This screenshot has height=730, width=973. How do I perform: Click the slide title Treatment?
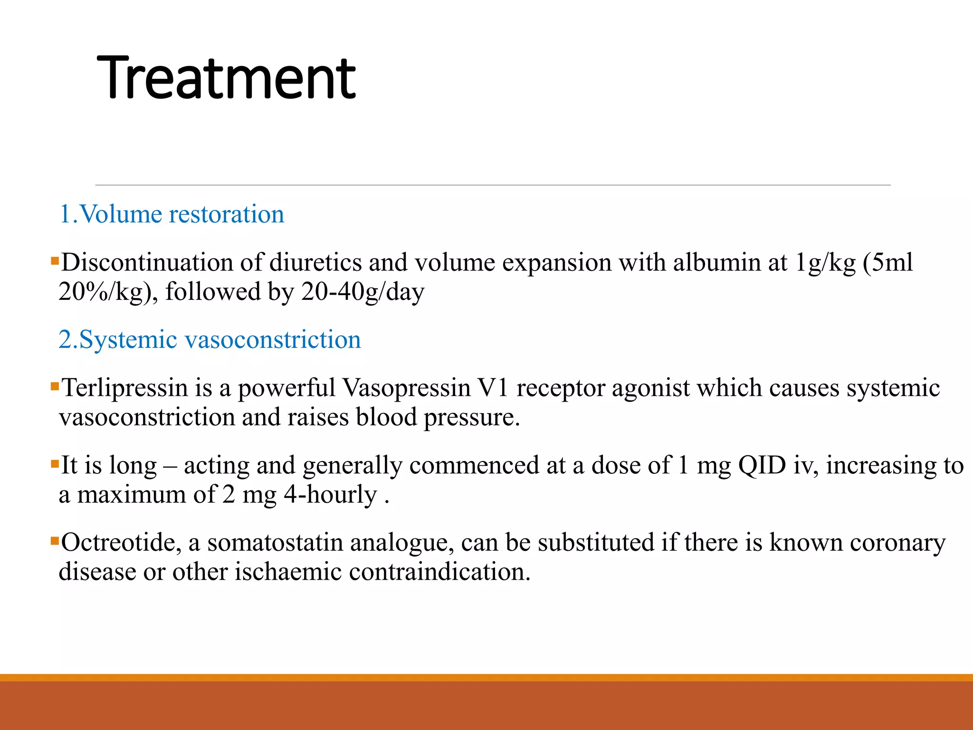point(226,78)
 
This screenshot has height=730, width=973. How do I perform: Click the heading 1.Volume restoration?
point(171,214)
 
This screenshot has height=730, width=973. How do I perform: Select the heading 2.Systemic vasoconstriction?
point(210,340)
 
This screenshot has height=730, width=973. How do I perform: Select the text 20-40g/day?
point(362,292)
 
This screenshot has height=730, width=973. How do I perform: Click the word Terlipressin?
point(125,388)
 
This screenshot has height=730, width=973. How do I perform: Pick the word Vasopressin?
point(407,388)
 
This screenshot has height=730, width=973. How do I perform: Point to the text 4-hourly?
point(330,495)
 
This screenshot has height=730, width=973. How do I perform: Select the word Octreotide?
point(121,542)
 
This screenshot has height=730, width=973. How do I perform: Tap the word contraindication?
point(439,572)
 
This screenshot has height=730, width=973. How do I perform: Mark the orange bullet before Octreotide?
point(55,541)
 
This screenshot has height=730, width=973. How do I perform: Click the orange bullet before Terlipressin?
point(55,386)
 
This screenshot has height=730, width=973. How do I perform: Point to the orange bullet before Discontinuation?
point(55,261)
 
